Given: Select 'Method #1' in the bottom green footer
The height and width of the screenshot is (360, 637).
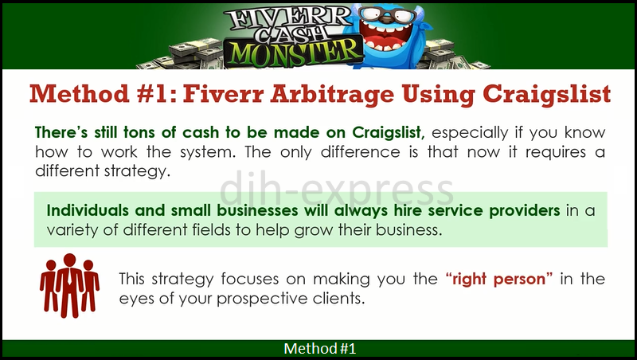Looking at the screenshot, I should click(318, 349).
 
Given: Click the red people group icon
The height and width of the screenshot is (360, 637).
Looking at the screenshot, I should click(68, 284).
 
